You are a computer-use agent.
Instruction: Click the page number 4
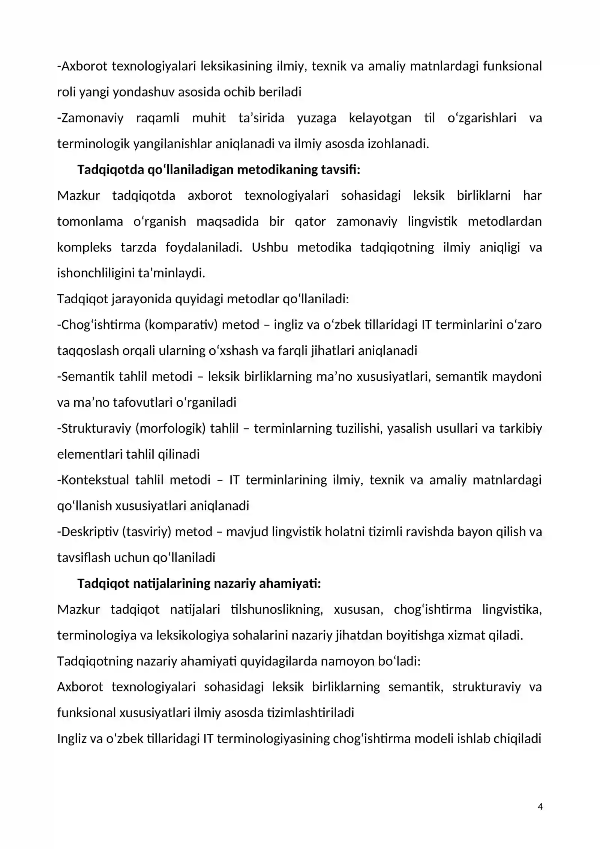(x=540, y=807)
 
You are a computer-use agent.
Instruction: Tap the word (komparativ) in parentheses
(x=181, y=325)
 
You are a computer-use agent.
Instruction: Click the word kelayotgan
(x=380, y=118)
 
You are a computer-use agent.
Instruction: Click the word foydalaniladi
(x=204, y=247)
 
